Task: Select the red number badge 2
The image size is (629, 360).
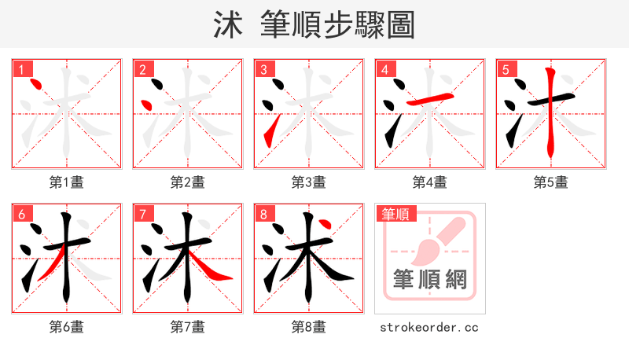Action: [x=142, y=69]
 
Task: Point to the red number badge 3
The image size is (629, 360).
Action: [x=263, y=69]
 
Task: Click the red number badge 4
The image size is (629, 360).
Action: [x=384, y=69]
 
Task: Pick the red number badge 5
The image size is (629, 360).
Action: [x=506, y=69]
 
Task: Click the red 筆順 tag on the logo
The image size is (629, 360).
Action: [x=397, y=214]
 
